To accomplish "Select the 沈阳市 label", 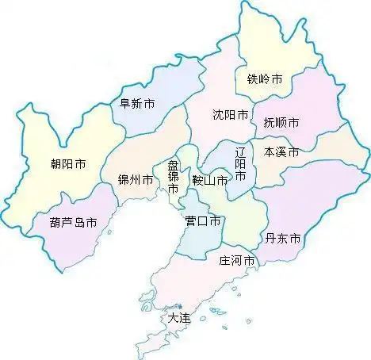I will [231, 114].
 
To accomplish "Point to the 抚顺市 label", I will [281, 123].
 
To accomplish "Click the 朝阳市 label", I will [67, 165].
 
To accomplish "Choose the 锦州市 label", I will [135, 180].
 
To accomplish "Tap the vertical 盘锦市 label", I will [174, 178].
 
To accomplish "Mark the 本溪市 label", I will [281, 151].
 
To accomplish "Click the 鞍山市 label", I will [210, 181].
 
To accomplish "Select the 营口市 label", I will [202, 220].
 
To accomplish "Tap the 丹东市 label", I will [283, 238].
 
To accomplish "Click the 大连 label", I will [179, 318].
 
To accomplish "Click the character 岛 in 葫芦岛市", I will [78, 223].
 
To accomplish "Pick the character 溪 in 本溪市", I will [281, 151].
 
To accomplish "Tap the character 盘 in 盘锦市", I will [174, 166].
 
